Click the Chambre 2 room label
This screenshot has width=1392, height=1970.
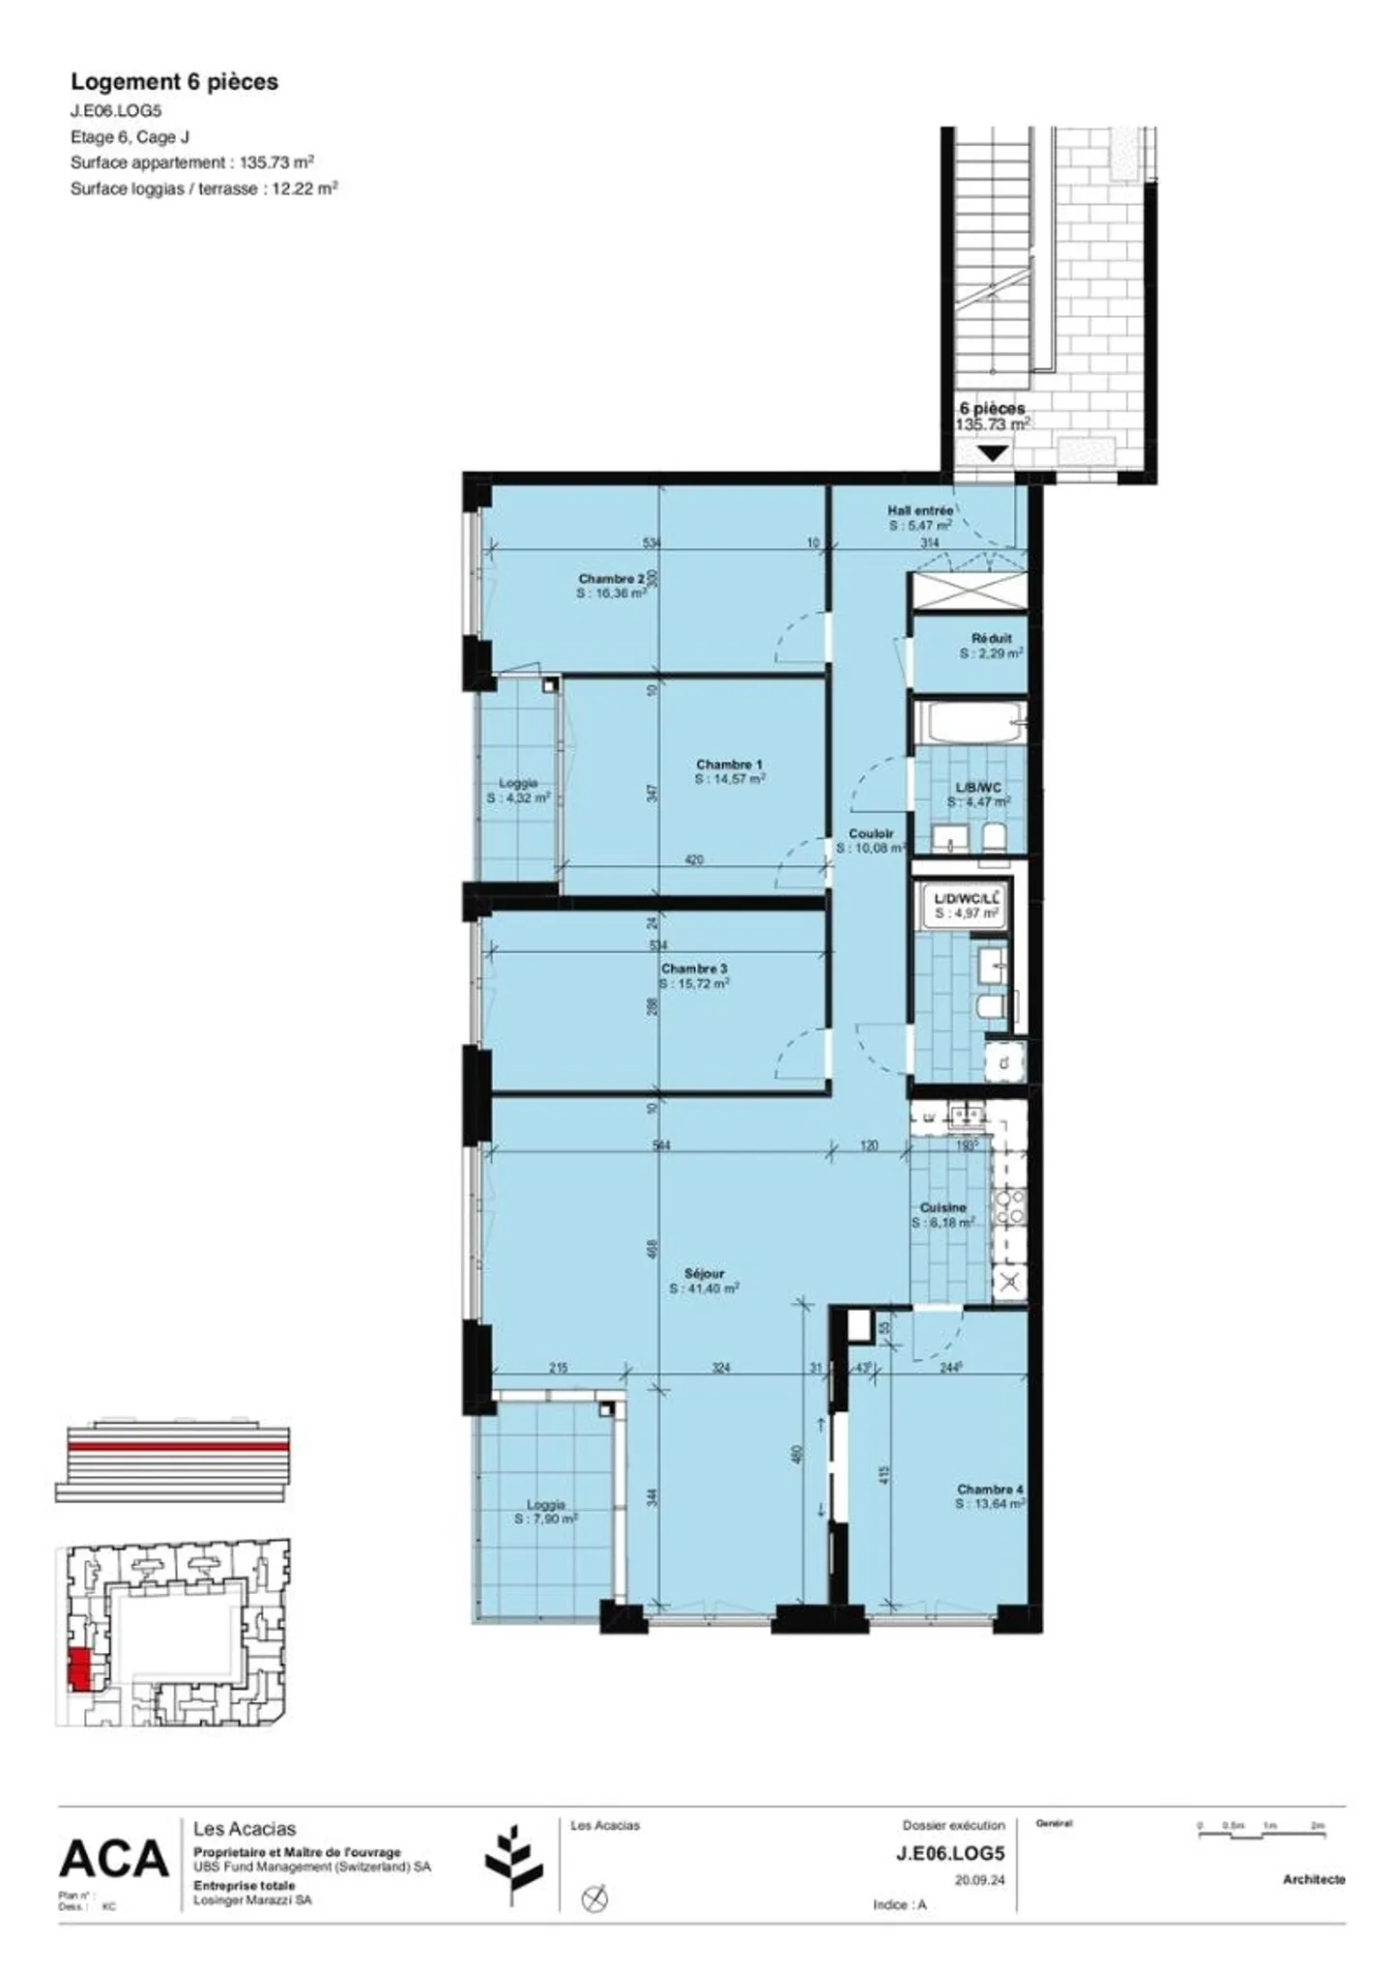click(611, 578)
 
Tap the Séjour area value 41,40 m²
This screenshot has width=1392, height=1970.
click(705, 1289)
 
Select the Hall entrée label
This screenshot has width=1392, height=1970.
click(919, 509)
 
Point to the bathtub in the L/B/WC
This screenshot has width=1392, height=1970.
click(969, 722)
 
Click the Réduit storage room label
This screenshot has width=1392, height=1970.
click(991, 638)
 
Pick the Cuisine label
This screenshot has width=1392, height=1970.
click(942, 1207)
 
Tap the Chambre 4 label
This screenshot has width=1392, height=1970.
click(990, 1490)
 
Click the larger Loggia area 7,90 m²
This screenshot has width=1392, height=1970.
click(546, 1519)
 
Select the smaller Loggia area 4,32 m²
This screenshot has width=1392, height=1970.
click(518, 798)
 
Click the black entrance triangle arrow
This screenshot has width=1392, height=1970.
click(993, 452)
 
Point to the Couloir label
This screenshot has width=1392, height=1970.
click(871, 833)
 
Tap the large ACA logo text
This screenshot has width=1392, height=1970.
click(114, 1859)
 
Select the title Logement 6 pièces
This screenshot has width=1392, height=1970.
click(174, 82)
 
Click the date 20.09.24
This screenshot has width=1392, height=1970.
click(979, 1880)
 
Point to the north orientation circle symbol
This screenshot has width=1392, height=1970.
click(594, 1898)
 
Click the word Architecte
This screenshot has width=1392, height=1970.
click(1314, 1879)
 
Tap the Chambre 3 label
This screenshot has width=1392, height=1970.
click(694, 969)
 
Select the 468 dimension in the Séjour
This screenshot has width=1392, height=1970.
click(652, 1249)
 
